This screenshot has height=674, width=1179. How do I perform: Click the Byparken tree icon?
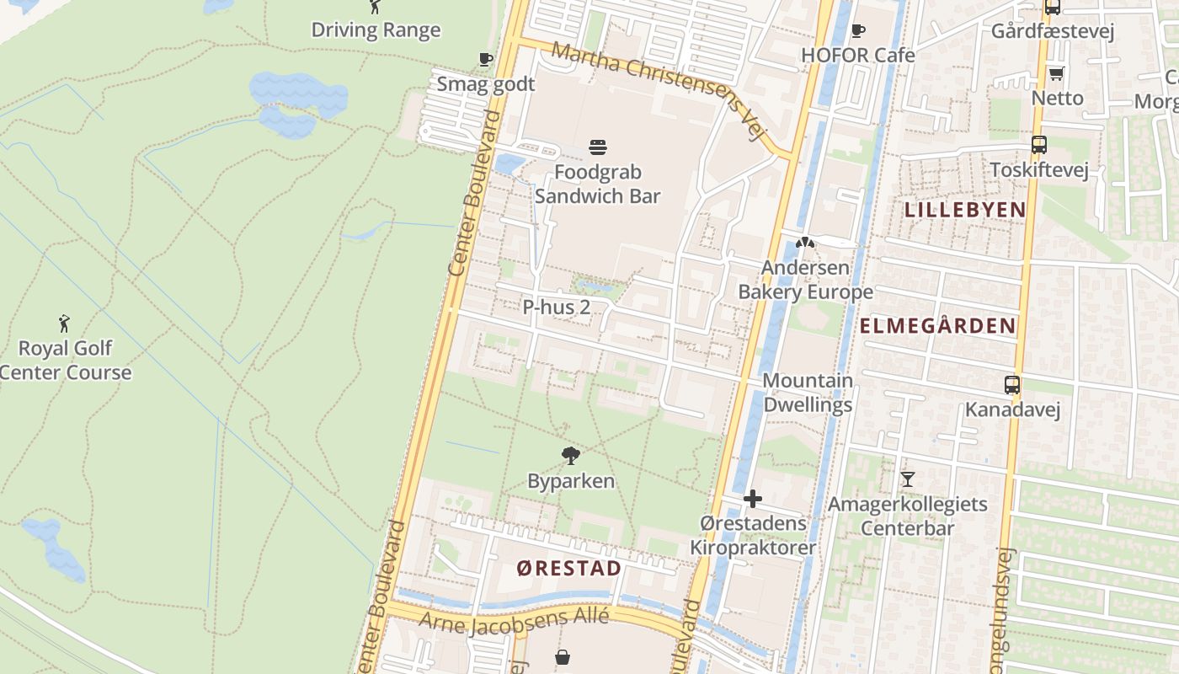(x=571, y=457)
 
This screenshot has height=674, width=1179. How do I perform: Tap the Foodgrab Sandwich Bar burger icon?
(x=598, y=148)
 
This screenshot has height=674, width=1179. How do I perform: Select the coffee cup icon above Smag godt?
(x=485, y=59)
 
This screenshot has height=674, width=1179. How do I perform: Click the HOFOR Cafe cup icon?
(x=857, y=31)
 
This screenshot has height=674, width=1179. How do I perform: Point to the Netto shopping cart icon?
(x=1057, y=73)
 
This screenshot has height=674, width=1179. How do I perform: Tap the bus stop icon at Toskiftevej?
(x=1038, y=145)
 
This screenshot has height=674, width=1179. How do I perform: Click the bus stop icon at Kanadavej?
(x=1011, y=385)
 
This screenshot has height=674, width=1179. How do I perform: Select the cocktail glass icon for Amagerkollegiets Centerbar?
(x=907, y=479)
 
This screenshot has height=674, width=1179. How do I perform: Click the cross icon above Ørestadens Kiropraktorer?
(x=752, y=499)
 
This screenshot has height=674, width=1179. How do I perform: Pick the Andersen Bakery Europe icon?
(x=805, y=243)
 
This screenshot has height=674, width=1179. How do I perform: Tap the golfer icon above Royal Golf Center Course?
(x=64, y=324)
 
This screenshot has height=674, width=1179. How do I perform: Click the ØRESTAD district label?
(x=568, y=568)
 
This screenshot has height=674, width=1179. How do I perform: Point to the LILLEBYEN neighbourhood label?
(x=964, y=210)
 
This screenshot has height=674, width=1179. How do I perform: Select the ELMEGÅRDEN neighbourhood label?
(x=937, y=326)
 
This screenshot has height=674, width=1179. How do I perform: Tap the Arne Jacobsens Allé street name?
(x=514, y=620)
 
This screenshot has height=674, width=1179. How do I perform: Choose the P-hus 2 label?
(x=556, y=308)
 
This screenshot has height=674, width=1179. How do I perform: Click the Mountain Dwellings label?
(x=807, y=393)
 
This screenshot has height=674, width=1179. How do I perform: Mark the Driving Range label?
(x=376, y=30)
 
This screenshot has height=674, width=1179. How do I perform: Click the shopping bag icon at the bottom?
(x=562, y=656)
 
